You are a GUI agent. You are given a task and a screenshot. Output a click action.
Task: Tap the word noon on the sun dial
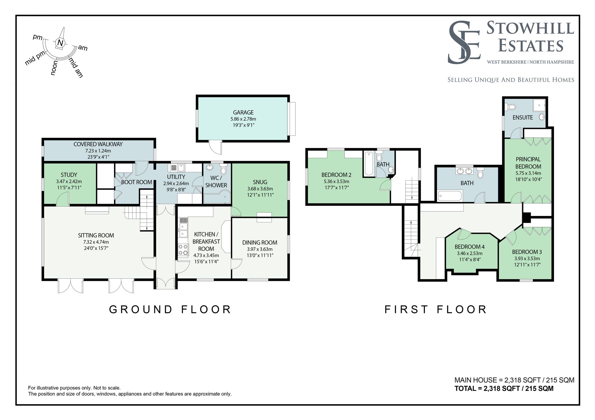pos(54,68)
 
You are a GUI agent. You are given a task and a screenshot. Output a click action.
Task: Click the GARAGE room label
pos(243,112)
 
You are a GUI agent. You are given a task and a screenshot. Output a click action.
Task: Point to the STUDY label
pos(69,175)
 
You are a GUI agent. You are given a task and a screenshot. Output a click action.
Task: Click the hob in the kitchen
pos(183,250)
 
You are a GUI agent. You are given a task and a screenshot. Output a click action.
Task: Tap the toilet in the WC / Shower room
pos(223,170)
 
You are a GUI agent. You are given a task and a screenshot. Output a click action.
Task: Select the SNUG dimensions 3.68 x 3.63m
pos(260,189)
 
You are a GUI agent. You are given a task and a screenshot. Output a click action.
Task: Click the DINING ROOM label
pos(260,243)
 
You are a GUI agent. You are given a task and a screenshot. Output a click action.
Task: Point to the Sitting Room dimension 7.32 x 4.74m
pos(96,242)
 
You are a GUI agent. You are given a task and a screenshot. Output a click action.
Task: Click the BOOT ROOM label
pos(137,182)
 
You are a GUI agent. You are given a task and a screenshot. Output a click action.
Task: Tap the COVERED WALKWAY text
pos(98,144)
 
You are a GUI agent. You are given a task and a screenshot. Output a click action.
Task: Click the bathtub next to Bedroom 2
pos(368,163)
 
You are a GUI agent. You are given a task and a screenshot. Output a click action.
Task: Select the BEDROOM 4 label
pos(469,247)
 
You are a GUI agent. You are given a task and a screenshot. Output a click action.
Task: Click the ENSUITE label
pos(522,118)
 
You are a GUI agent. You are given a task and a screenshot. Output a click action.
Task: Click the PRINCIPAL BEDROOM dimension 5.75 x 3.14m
pos(528,173)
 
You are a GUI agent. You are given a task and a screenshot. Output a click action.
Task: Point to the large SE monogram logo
pos(464,42)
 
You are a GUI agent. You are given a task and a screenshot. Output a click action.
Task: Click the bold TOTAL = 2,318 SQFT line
pos(504,389)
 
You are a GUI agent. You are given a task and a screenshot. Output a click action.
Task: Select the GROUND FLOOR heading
pos(170,310)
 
